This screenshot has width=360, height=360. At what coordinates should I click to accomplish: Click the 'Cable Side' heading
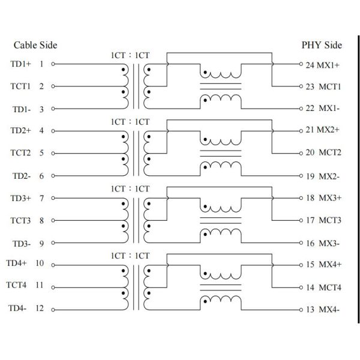35,45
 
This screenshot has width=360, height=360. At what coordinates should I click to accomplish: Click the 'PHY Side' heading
322,45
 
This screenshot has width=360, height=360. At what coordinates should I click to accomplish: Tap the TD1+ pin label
20,64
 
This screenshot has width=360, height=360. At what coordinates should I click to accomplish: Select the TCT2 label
20,153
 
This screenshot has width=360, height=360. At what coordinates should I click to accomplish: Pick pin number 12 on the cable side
40,308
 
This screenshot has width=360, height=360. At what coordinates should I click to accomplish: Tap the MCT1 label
330,86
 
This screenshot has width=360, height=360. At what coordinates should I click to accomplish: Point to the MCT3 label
330,220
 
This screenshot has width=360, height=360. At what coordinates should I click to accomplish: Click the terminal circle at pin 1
53,64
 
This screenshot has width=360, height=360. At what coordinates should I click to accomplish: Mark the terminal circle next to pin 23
301,86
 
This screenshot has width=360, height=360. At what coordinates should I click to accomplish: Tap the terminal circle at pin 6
53,176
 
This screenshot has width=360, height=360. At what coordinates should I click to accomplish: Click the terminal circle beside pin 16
301,243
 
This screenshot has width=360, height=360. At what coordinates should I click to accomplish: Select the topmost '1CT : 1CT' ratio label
130,55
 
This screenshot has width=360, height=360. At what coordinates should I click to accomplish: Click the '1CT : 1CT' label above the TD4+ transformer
130,256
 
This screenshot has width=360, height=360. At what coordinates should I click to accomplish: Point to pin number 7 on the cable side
41,198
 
